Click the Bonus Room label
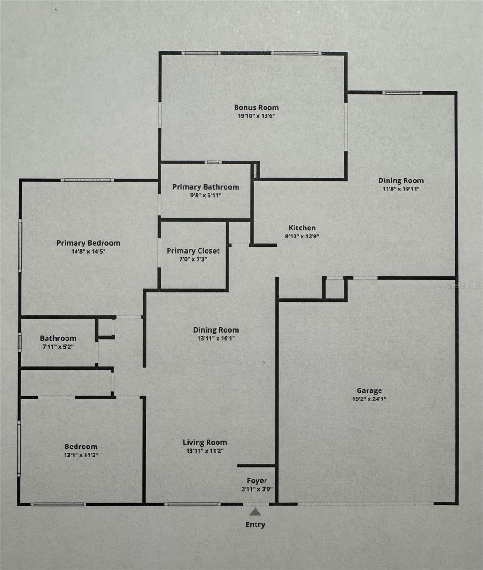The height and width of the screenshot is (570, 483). (x=256, y=107)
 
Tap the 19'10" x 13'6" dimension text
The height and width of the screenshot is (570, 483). (x=256, y=115)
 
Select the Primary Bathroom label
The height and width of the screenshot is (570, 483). (x=206, y=187)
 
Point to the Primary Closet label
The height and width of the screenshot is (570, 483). (x=193, y=251)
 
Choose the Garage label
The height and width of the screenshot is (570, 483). (x=369, y=390)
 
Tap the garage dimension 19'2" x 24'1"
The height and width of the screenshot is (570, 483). (x=369, y=399)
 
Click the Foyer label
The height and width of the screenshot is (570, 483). (x=256, y=481)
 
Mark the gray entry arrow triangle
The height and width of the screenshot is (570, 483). (x=256, y=512)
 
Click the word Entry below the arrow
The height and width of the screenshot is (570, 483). (x=256, y=524)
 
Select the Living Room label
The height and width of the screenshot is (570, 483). (x=205, y=442)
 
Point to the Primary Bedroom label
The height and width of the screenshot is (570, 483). (x=88, y=243)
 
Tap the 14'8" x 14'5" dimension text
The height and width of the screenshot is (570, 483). (x=88, y=251)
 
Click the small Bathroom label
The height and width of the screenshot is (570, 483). (x=58, y=338)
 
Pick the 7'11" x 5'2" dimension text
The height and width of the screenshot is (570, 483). (x=58, y=347)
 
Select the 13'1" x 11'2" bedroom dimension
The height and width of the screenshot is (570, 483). (x=81, y=455)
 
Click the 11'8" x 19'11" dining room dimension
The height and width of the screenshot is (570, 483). (x=401, y=189)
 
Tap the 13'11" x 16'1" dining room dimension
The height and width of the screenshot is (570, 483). (x=216, y=338)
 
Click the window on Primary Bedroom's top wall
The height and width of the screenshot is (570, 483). (x=87, y=180)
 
